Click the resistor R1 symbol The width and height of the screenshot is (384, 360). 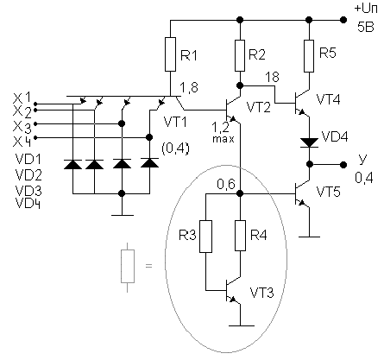[x=170, y=54]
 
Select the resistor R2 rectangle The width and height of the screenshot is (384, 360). [x=240, y=55]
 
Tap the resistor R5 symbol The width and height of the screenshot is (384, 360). [x=309, y=56]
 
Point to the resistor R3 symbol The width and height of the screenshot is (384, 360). [x=206, y=237]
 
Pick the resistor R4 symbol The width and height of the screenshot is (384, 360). [x=240, y=236]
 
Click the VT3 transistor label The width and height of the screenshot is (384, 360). [x=261, y=293]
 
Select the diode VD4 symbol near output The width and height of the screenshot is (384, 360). [x=309, y=142]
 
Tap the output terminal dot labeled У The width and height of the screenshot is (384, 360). [x=343, y=165]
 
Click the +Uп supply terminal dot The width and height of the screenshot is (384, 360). [x=343, y=20]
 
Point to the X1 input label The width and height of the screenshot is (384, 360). [x=22, y=98]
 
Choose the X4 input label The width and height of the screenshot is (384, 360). [x=22, y=142]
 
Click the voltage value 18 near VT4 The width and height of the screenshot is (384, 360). [x=272, y=77]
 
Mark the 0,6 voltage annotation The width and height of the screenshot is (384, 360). [x=226, y=184]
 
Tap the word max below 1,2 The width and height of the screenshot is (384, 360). [x=223, y=139]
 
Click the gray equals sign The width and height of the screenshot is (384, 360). [x=148, y=266]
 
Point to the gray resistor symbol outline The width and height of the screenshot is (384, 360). [x=128, y=267]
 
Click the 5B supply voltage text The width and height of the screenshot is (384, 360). [x=366, y=27]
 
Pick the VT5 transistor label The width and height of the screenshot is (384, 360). [x=328, y=192]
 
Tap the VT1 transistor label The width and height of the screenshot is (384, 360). [x=175, y=122]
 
